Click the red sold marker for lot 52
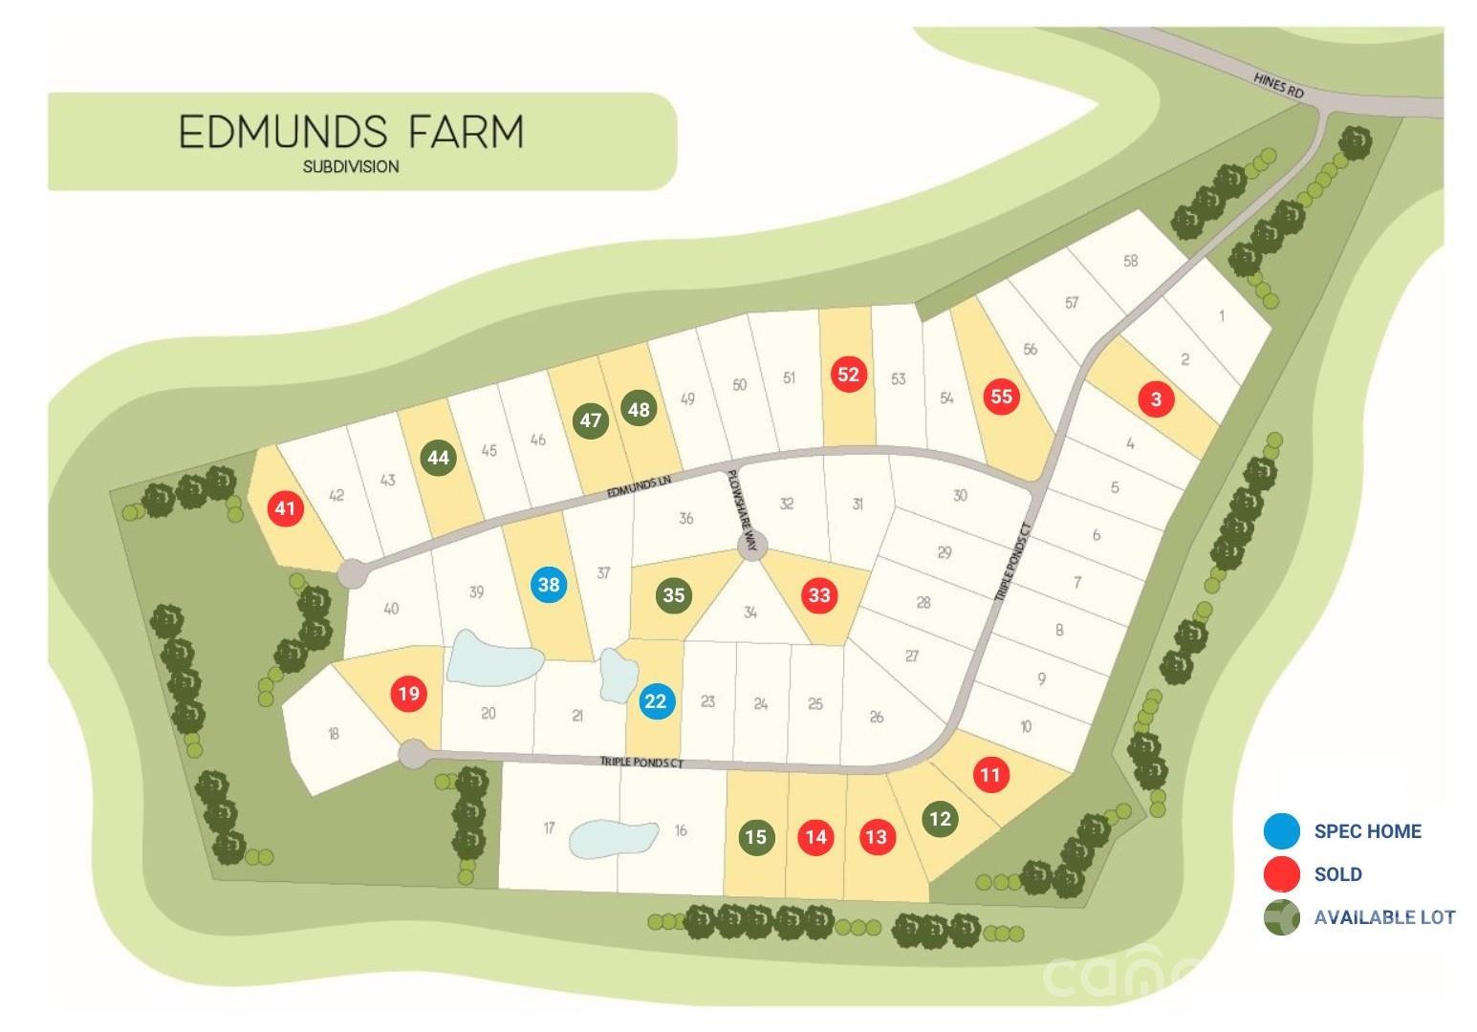point(848,374)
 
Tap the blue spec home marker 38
point(549,584)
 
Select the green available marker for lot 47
point(591,420)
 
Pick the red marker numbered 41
point(285,508)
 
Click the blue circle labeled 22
point(656,701)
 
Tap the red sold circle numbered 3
point(1156,398)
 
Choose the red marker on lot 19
point(409,693)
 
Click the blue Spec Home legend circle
point(1281,831)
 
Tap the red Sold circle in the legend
point(1281,873)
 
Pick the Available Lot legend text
point(1384,917)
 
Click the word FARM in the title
point(467,132)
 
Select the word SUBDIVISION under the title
point(351,166)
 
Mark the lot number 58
point(1131,260)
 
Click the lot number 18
point(333,734)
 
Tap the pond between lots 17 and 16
point(613,837)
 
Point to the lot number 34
point(750,613)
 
